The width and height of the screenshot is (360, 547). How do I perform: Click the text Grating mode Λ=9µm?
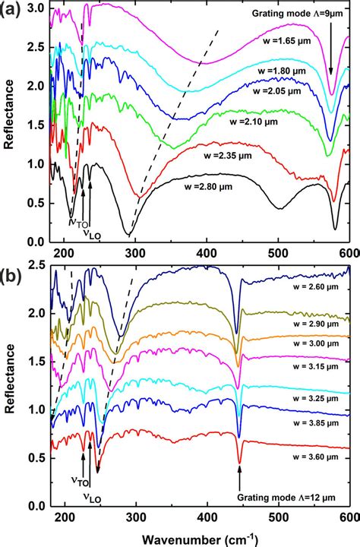(x=299, y=14)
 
